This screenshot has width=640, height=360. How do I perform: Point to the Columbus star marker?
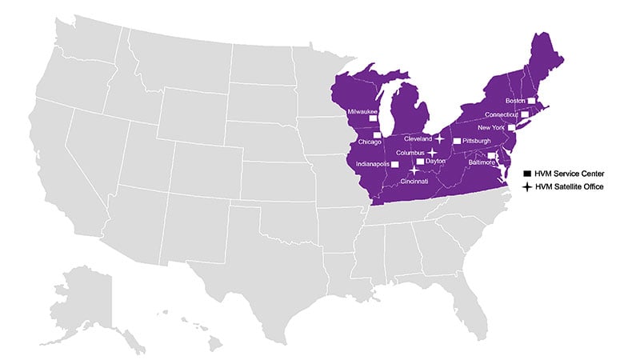[x=432, y=152]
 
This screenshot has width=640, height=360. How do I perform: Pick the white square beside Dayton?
[x=420, y=161]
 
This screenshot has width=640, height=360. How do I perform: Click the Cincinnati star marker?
[x=414, y=170]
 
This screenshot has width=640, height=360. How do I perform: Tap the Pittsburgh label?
[x=478, y=141]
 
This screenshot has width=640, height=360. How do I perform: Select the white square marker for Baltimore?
[x=491, y=155]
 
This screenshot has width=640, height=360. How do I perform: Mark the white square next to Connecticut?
[x=526, y=115]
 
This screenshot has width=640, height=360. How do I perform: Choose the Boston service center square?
[x=530, y=101]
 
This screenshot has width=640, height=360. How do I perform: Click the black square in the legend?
[x=527, y=174]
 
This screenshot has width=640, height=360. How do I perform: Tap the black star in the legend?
[x=527, y=186]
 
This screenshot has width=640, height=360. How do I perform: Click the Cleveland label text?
[x=418, y=138]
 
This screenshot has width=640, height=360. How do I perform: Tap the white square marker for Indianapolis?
[x=394, y=164]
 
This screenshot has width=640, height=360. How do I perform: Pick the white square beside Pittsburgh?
[x=457, y=141]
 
